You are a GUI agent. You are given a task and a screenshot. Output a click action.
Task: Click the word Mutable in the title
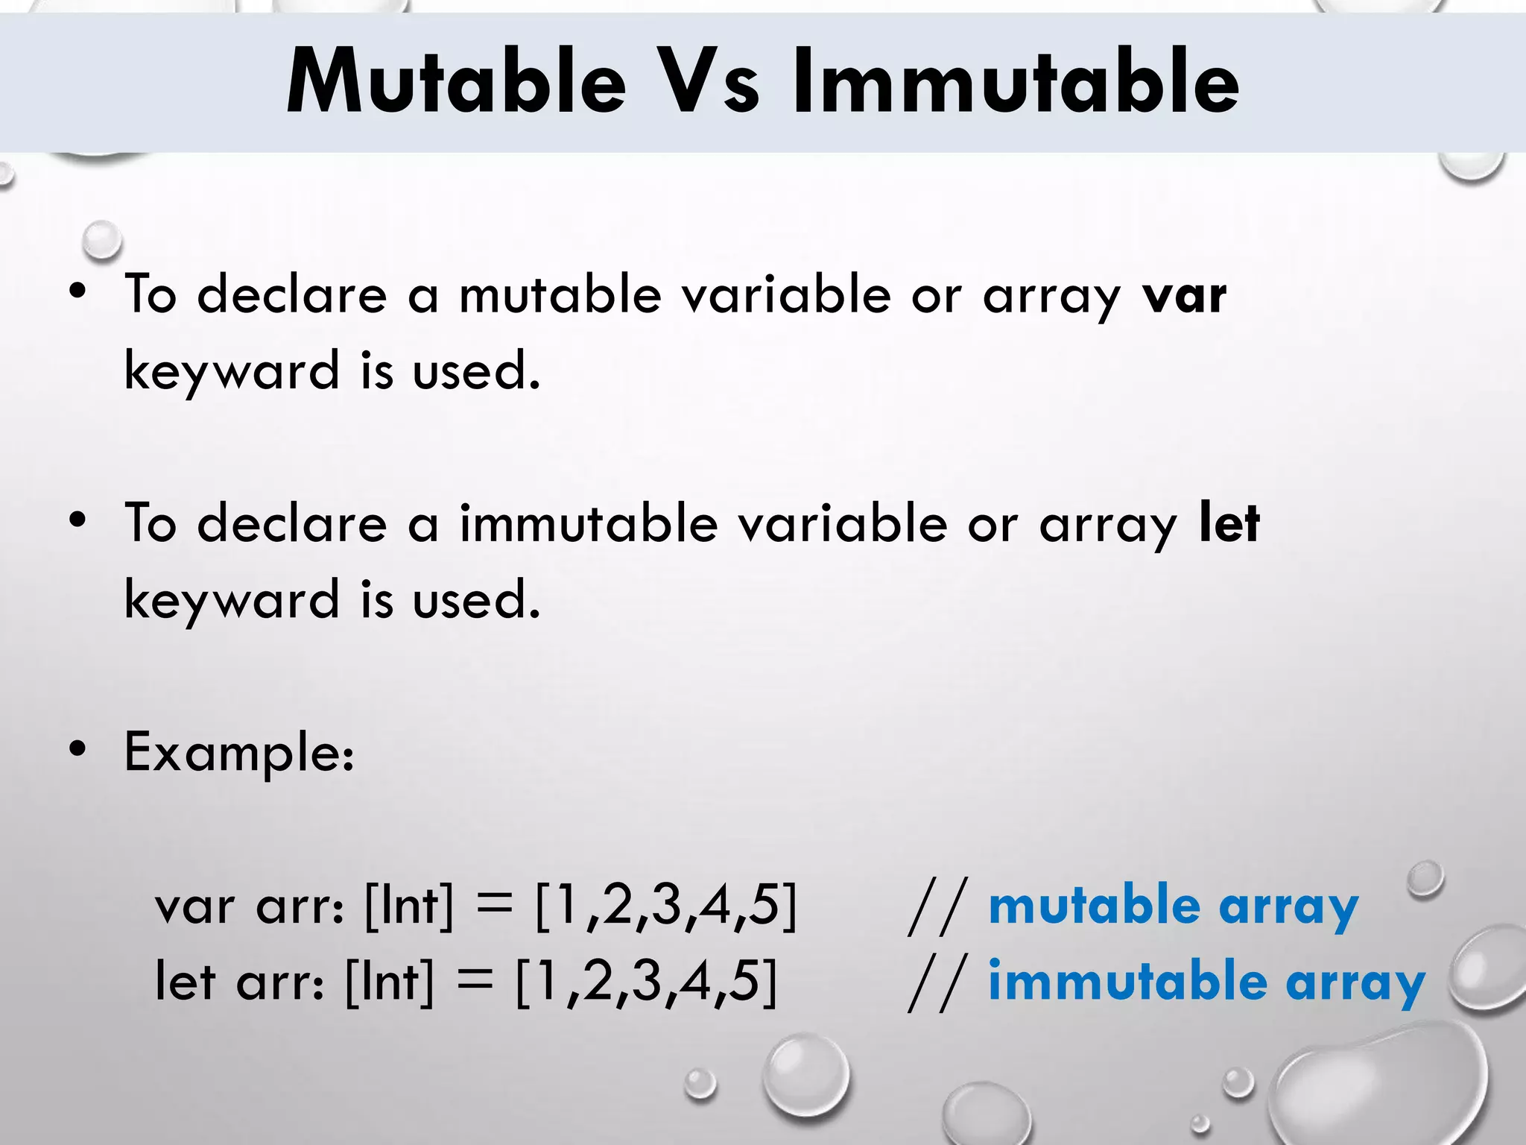pos(456,82)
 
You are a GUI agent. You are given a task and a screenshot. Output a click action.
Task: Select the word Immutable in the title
pos(1015,82)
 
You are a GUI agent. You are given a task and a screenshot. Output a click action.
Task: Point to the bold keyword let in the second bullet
pos(1229,523)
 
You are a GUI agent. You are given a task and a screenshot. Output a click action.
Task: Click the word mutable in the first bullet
pos(560,294)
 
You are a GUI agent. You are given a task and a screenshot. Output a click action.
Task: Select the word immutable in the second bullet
pos(588,523)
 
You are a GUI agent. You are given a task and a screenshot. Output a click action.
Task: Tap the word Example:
pos(239,753)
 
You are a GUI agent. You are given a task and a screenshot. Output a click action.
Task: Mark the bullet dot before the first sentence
pos(77,292)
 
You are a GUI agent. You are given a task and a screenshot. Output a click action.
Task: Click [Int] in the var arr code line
pos(409,906)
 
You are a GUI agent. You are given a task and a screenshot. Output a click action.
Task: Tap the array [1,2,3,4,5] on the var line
pos(666,906)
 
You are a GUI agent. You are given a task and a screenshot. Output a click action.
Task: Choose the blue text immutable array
pos(1206,982)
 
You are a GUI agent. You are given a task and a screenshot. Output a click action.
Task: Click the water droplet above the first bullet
pos(101,240)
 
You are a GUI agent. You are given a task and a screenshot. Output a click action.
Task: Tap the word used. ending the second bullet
pos(476,600)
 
